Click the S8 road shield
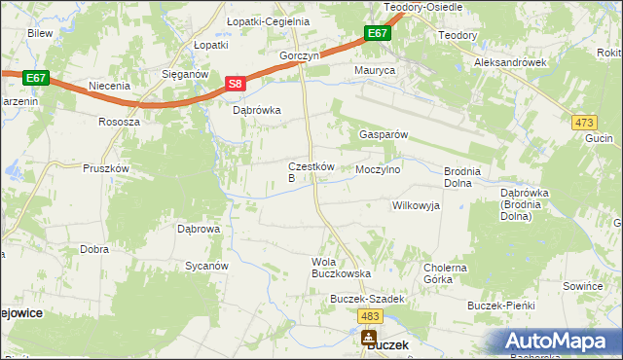point(235,85)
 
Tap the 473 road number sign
point(584,122)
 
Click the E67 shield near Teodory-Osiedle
point(379,33)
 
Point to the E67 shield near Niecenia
point(36,77)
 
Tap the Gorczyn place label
point(300,56)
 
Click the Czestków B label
point(311,172)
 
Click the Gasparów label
point(384,134)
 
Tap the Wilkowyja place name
point(416,205)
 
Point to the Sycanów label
point(206,265)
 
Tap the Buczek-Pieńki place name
point(501,306)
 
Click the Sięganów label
point(186,73)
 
